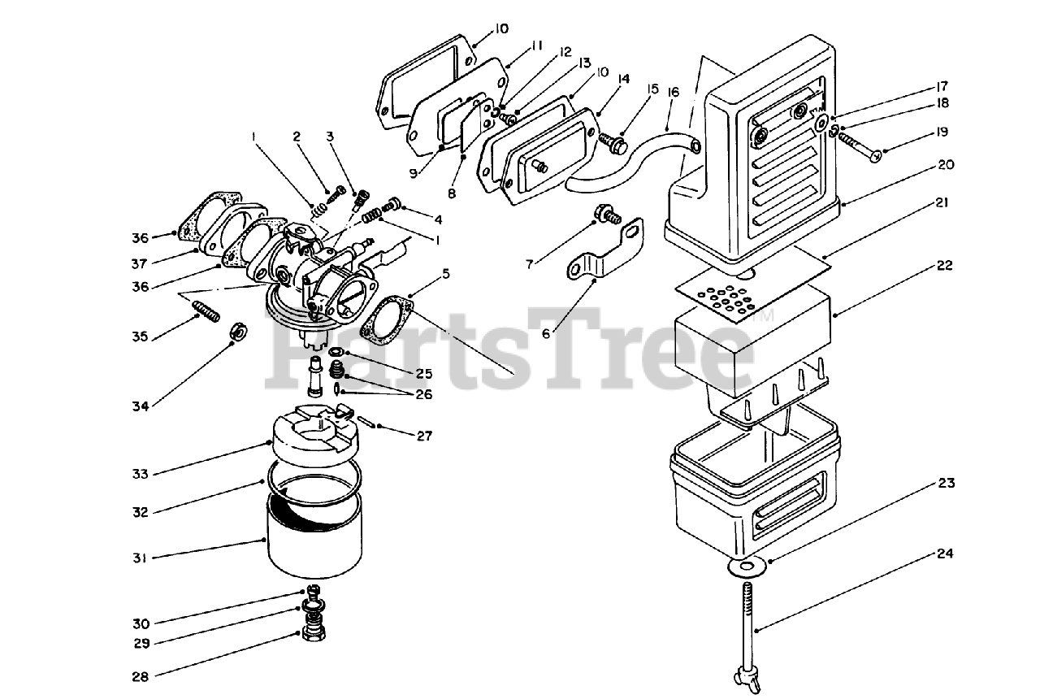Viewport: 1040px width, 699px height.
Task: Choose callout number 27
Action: (x=424, y=436)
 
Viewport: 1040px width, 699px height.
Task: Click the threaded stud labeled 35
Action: (x=206, y=311)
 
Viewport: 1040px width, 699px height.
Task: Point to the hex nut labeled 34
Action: (x=239, y=331)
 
